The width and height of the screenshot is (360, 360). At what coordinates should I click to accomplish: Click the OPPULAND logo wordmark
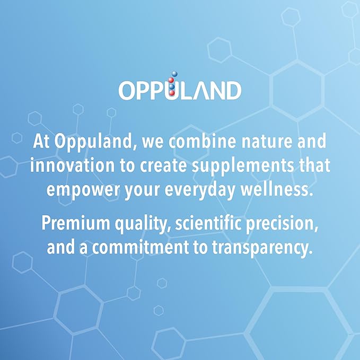click(x=180, y=90)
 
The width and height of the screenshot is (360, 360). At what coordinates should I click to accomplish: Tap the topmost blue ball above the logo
click(x=174, y=74)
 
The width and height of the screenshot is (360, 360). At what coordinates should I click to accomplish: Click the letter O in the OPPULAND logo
click(x=127, y=91)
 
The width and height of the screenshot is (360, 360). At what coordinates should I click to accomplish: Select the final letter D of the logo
click(x=233, y=91)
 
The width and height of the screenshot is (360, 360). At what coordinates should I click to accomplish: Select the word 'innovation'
click(x=72, y=165)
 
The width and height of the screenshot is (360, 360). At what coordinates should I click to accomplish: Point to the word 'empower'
click(x=83, y=190)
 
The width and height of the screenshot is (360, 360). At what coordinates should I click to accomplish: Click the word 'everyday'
click(x=200, y=190)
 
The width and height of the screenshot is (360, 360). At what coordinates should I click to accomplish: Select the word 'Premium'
click(x=76, y=223)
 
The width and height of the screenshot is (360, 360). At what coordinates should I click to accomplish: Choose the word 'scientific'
click(x=208, y=223)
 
